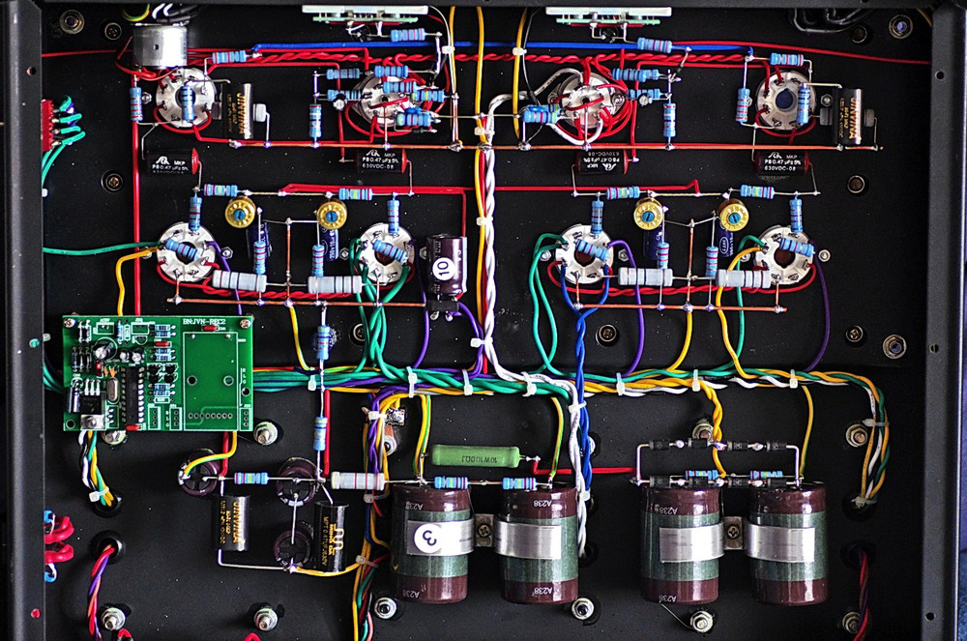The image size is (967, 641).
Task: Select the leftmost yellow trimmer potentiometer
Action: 238,212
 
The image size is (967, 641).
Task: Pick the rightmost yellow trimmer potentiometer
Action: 734,215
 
